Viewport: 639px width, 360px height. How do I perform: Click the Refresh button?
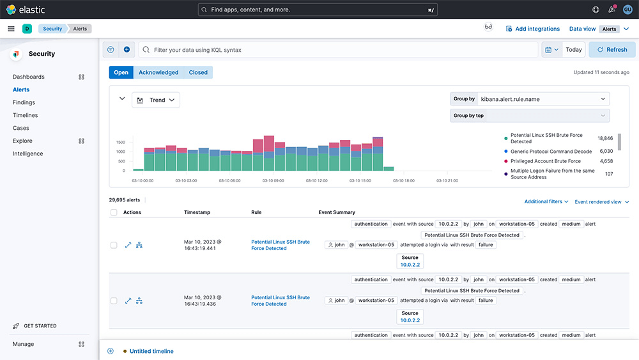[612, 50]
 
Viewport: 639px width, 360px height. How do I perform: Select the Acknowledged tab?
[158, 72]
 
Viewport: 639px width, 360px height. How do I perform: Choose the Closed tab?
[198, 72]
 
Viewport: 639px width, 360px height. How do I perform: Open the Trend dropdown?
[156, 100]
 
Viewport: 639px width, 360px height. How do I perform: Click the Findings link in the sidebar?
[24, 102]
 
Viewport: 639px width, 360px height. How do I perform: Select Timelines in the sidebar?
[26, 115]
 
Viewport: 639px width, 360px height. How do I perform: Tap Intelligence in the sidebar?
[27, 153]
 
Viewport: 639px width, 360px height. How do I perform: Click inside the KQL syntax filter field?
[338, 50]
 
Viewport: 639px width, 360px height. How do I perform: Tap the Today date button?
[573, 50]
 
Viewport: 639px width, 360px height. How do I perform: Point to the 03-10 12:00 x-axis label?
[317, 180]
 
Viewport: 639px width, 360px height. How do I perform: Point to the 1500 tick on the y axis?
[121, 143]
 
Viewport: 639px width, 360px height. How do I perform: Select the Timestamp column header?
[197, 212]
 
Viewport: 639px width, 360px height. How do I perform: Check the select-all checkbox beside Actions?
[114, 212]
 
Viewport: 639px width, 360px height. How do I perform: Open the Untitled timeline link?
[151, 351]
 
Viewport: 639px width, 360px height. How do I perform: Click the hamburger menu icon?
[11, 29]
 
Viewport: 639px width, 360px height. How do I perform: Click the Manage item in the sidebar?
[23, 344]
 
